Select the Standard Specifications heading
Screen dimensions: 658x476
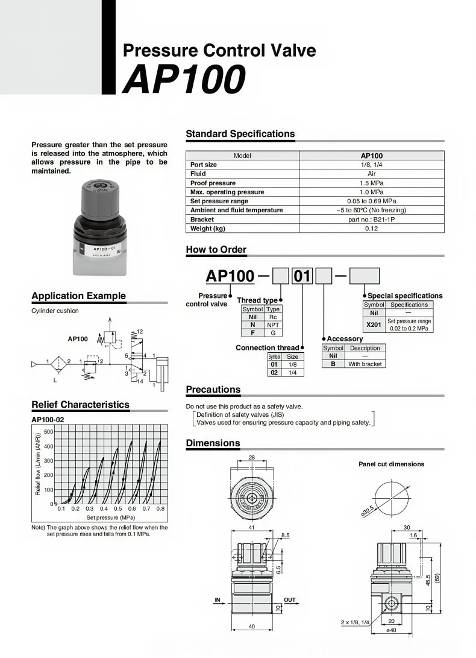(240, 134)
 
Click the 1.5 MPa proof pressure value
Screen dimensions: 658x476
(371, 183)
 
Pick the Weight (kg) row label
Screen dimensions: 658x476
(207, 229)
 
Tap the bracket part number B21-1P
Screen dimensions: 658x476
(371, 220)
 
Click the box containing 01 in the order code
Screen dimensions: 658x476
(302, 276)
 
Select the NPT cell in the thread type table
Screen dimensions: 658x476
(273, 324)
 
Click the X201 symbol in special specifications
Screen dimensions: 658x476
(374, 324)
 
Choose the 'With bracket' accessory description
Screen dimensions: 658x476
(365, 364)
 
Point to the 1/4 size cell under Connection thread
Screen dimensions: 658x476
(292, 372)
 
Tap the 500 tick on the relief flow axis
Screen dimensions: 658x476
(49, 432)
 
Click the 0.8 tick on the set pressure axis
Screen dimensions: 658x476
(160, 509)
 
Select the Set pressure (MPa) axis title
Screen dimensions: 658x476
(110, 517)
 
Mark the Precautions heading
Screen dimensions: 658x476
(213, 390)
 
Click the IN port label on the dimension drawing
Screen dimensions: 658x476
(218, 599)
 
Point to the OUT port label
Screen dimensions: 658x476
(290, 599)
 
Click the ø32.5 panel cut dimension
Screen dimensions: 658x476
(368, 510)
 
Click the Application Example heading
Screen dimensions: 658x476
(78, 296)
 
